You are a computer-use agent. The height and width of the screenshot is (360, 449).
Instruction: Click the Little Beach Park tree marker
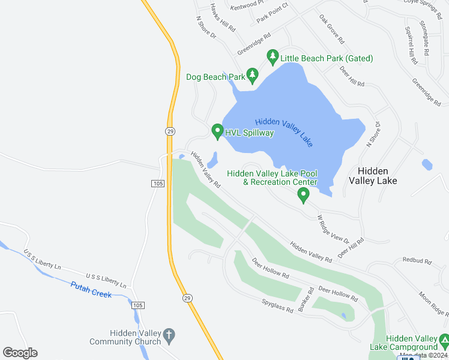[x=273, y=57]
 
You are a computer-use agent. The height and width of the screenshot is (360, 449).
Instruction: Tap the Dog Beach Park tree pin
[x=253, y=75]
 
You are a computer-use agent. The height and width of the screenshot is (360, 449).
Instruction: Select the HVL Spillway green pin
[x=217, y=131]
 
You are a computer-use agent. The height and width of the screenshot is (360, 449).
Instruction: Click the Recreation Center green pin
[x=304, y=194]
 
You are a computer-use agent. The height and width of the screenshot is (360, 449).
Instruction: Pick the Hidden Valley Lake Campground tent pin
[x=444, y=341]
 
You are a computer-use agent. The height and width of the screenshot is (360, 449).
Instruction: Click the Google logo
[x=20, y=353]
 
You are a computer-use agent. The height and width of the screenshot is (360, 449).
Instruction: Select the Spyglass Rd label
[x=277, y=306]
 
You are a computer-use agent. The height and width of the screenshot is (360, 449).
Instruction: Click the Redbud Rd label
[x=417, y=262]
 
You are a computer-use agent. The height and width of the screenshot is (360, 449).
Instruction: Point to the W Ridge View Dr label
[x=333, y=229]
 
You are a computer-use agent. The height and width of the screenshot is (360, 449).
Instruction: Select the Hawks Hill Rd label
[x=223, y=17]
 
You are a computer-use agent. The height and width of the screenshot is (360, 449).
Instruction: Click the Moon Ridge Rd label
[x=433, y=303]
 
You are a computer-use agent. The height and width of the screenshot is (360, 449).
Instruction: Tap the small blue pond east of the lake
[x=427, y=164]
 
